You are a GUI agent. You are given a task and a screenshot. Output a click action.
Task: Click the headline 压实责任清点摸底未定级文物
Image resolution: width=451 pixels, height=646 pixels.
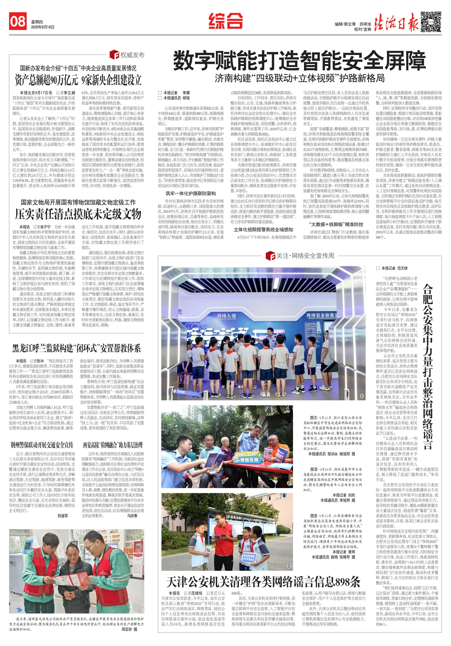click(x=78, y=214)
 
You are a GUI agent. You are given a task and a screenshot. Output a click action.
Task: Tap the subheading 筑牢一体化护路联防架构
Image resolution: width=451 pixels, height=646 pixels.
click(x=191, y=193)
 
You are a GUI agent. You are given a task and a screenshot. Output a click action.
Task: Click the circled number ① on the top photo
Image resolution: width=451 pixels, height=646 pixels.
click(x=362, y=396)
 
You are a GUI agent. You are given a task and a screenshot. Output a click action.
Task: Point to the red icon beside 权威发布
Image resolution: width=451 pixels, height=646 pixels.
click(x=114, y=55)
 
